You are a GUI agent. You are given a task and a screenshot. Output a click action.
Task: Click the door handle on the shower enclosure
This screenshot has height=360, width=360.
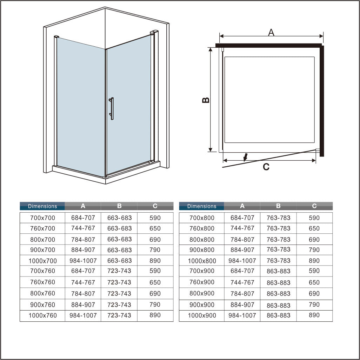[x=112, y=109]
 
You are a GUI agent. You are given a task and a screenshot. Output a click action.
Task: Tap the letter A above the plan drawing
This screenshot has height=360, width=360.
[x=271, y=32]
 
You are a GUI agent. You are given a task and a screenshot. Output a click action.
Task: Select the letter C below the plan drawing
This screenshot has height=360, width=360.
[x=266, y=167]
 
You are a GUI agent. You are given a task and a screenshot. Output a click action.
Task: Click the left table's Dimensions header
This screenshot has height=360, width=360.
[x=42, y=206]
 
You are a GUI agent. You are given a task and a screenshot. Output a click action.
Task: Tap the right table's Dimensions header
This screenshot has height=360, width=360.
[x=202, y=206]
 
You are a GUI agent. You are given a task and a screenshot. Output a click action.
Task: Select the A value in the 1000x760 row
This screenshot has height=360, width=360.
[x=84, y=315]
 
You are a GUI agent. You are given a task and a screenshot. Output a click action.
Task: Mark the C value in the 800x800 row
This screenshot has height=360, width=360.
[x=314, y=240]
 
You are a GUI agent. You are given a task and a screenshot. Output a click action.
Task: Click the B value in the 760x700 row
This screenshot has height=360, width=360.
[x=119, y=228]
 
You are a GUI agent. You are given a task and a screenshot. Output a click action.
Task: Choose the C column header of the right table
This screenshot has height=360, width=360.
[x=314, y=206]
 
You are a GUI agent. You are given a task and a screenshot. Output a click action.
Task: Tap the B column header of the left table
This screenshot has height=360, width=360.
[x=119, y=206]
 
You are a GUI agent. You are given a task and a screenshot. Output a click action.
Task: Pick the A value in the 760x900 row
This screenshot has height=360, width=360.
[x=242, y=282]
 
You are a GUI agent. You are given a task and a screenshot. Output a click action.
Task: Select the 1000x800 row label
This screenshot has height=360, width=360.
[x=202, y=261]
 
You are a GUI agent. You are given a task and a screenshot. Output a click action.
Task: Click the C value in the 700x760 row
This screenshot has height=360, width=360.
[x=155, y=271]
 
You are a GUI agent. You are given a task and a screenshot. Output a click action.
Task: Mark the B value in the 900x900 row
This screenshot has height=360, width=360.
[x=279, y=305]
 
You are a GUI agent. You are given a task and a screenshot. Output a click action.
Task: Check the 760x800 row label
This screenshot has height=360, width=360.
[x=202, y=228]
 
